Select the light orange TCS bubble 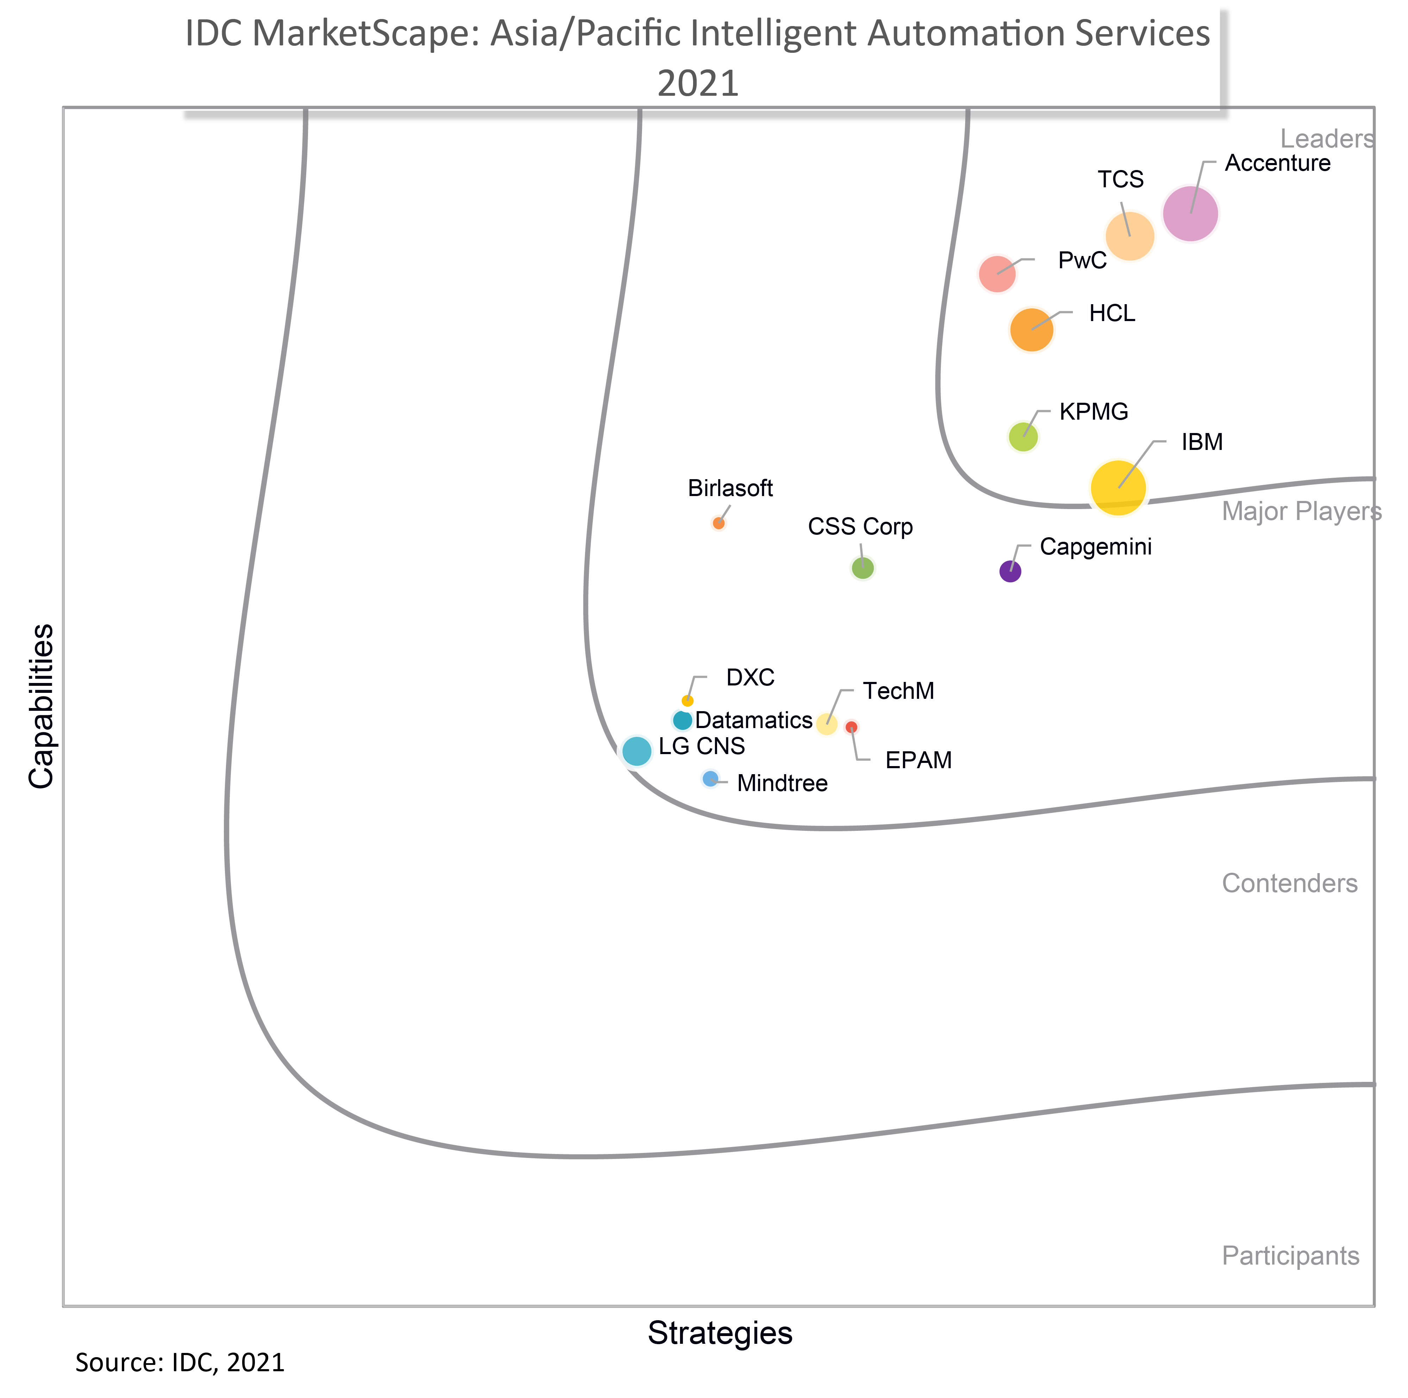pos(1130,236)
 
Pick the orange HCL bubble pos(1031,330)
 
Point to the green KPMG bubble pos(1023,437)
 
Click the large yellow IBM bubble pos(1118,488)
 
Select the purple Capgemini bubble pos(1010,571)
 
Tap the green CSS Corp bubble pos(863,568)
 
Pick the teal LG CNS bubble pos(637,751)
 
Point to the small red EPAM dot pos(851,727)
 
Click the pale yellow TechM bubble pos(826,724)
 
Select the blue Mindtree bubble pos(710,778)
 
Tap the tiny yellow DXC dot pos(687,701)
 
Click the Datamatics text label pos(754,720)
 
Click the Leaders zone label pos(1326,138)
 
